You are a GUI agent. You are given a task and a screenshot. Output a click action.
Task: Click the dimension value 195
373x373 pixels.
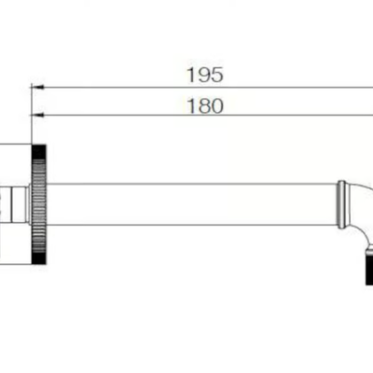pyautogui.click(x=205, y=75)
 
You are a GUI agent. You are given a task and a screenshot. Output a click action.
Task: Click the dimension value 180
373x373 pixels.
pyautogui.click(x=205, y=105)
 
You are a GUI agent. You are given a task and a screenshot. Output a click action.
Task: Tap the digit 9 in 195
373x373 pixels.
pyautogui.click(x=204, y=75)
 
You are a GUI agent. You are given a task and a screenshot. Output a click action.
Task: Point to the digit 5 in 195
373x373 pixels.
pyautogui.click(x=217, y=75)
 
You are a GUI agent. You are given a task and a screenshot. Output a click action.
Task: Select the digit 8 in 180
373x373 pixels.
pyautogui.click(x=204, y=105)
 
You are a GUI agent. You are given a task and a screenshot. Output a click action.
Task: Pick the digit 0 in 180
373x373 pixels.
pyautogui.click(x=217, y=105)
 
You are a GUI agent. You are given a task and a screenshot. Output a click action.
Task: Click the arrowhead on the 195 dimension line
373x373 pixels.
pyautogui.click(x=37, y=88)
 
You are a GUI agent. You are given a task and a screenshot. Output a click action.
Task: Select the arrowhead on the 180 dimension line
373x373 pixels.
pyautogui.click(x=37, y=116)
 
